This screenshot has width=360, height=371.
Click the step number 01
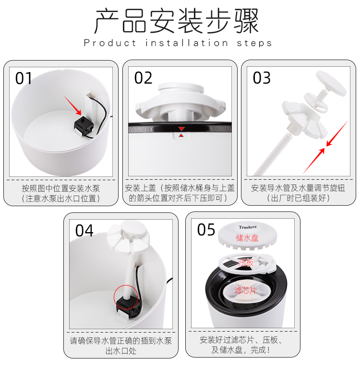[x=24, y=78]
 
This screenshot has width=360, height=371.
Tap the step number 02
[x=143, y=78]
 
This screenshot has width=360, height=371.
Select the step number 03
[x=262, y=78]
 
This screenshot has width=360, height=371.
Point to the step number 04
[x=84, y=231]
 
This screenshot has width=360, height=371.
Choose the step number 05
[x=206, y=230]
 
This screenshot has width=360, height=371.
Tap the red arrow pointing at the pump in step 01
[x=72, y=105]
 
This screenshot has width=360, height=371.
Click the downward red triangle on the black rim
[x=181, y=129]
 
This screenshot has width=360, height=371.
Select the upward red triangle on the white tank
[x=181, y=136]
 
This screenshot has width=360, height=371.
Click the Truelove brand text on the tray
[x=248, y=227]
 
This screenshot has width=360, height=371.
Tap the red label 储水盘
[x=247, y=238]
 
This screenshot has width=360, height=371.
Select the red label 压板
[x=246, y=262]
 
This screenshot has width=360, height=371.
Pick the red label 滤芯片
[x=245, y=290]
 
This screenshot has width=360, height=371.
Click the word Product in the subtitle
[x=110, y=43]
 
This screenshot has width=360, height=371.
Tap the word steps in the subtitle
[x=254, y=44]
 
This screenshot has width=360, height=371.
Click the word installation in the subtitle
[x=187, y=43]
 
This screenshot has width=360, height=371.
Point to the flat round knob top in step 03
[x=331, y=83]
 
